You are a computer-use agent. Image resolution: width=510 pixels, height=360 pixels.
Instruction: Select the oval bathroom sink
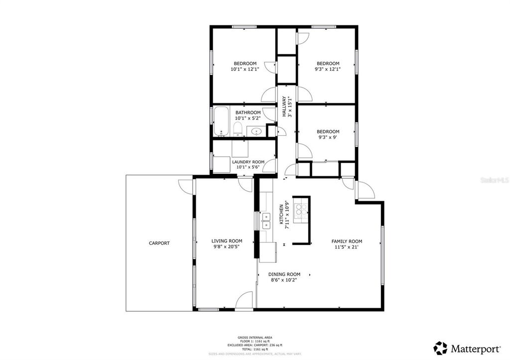256,131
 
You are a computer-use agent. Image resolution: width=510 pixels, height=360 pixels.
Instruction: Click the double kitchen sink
266,221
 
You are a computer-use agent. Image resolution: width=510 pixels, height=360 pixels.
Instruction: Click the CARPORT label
159,243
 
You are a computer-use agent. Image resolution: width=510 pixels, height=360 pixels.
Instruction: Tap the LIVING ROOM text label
227,240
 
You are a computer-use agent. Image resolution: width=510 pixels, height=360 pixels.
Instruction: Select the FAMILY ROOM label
347,241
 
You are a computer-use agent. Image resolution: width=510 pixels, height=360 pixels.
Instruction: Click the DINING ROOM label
284,274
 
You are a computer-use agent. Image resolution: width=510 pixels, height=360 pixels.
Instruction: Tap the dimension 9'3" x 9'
328,138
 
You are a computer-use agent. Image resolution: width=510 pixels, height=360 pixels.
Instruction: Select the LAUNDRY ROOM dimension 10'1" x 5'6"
248,167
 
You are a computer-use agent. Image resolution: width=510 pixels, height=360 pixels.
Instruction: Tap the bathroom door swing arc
269,114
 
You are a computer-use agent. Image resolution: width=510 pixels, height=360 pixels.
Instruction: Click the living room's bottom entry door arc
244,301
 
